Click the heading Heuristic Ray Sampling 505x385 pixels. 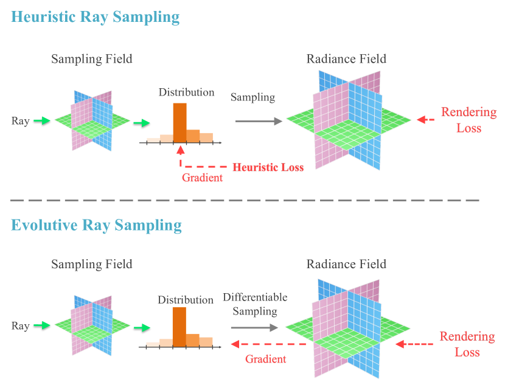pyautogui.click(x=96, y=17)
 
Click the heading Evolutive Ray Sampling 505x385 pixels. pyautogui.click(x=96, y=225)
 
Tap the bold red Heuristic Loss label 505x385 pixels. pyautogui.click(x=268, y=167)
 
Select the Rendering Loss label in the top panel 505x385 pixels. pyautogui.click(x=468, y=120)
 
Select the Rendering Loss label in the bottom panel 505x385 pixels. pyautogui.click(x=467, y=344)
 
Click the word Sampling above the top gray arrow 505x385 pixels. pyautogui.click(x=253, y=97)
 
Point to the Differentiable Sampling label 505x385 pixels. pyautogui.click(x=255, y=304)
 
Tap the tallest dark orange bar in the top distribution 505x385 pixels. pyautogui.click(x=180, y=122)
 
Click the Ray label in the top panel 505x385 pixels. pyautogui.click(x=21, y=121)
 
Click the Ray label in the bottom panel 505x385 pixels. pyautogui.click(x=21, y=327)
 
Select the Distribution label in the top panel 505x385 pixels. pyautogui.click(x=186, y=92)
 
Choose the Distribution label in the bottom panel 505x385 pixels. pyautogui.click(x=186, y=300)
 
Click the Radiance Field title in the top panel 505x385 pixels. pyautogui.click(x=346, y=59)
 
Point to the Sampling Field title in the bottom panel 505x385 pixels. pyautogui.click(x=91, y=264)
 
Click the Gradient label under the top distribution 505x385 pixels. pyautogui.click(x=203, y=178)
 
